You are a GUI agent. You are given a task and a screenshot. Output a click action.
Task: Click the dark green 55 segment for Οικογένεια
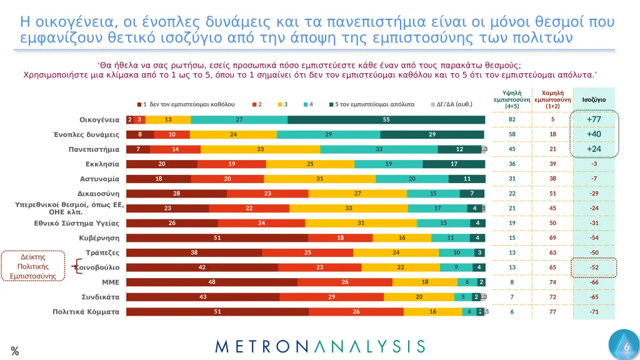click(386, 119)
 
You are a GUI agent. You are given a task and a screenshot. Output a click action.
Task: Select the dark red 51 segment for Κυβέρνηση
click(217, 237)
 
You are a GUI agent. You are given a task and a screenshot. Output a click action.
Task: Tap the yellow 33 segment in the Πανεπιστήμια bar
click(260, 149)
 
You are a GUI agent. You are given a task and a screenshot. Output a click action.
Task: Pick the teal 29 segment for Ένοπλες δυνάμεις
click(329, 134)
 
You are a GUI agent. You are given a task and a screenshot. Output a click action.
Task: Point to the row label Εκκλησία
click(102, 164)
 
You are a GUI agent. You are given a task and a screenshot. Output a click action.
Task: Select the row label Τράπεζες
click(102, 252)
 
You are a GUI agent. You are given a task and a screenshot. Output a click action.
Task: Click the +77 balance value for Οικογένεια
click(594, 119)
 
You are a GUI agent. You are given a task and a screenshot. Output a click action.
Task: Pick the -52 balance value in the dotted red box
click(594, 267)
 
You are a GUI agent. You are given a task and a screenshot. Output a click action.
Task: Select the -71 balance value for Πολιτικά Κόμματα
click(594, 311)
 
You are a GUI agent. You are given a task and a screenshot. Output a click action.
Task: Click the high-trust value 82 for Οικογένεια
click(512, 119)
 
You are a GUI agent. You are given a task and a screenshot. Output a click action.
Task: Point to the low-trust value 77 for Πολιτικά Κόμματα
click(552, 311)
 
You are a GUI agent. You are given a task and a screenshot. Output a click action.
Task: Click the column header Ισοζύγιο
click(594, 99)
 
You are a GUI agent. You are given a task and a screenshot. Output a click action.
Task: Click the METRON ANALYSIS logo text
click(319, 346)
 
